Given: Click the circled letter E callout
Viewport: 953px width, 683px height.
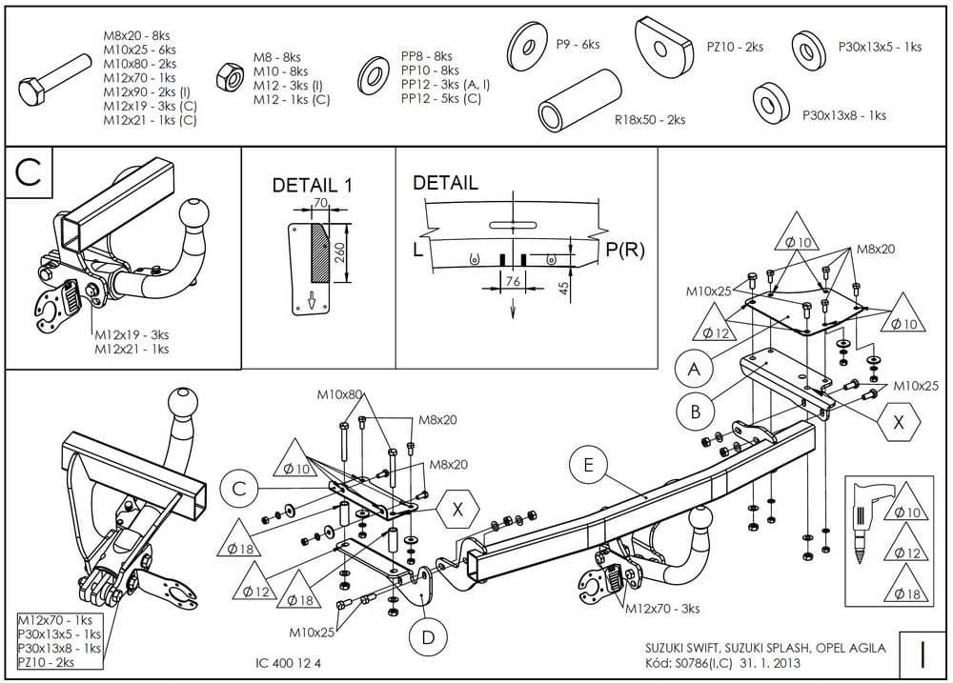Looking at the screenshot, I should [588, 465].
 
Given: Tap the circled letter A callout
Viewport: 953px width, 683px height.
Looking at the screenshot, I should [695, 369].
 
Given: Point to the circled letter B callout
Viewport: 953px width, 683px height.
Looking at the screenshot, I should [696, 412].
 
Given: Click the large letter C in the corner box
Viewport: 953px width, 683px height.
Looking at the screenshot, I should [29, 173].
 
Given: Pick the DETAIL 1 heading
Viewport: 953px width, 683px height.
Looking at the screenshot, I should [312, 186].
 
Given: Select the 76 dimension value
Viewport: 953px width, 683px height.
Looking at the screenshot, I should [512, 282].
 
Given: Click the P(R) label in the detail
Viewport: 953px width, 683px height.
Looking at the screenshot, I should [625, 251].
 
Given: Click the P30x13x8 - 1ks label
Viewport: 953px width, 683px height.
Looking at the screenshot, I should [843, 115].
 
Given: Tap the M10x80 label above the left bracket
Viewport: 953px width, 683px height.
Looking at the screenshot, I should [340, 394].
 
